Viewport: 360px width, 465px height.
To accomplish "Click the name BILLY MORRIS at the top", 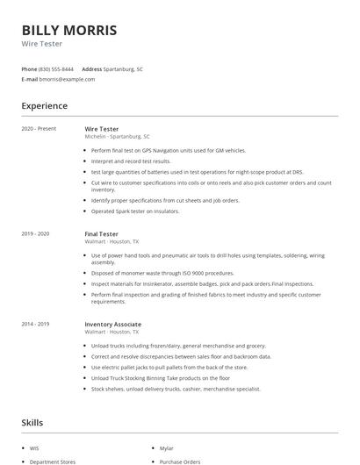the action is (68, 30).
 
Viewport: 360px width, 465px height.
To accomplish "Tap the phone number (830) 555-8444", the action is (56, 68).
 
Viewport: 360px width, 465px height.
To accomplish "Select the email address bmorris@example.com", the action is (68, 79).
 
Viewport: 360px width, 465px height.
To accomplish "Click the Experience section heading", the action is (45, 106).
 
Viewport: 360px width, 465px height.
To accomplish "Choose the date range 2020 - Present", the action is (39, 129).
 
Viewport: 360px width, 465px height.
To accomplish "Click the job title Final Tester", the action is (101, 234).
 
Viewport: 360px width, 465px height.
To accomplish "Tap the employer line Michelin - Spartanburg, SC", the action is (117, 137).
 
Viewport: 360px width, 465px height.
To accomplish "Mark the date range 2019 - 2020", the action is (35, 234).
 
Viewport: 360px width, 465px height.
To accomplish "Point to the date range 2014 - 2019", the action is (35, 324).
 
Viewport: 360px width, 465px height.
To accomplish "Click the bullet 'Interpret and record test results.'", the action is (131, 161).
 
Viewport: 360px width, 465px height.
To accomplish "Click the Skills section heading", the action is (32, 423).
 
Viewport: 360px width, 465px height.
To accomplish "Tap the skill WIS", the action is (35, 447).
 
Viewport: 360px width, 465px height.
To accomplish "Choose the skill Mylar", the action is (166, 447).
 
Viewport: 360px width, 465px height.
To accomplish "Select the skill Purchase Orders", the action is (179, 461).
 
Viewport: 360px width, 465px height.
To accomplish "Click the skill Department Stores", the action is (53, 461).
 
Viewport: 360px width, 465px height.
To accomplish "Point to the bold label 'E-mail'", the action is (29, 79).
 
